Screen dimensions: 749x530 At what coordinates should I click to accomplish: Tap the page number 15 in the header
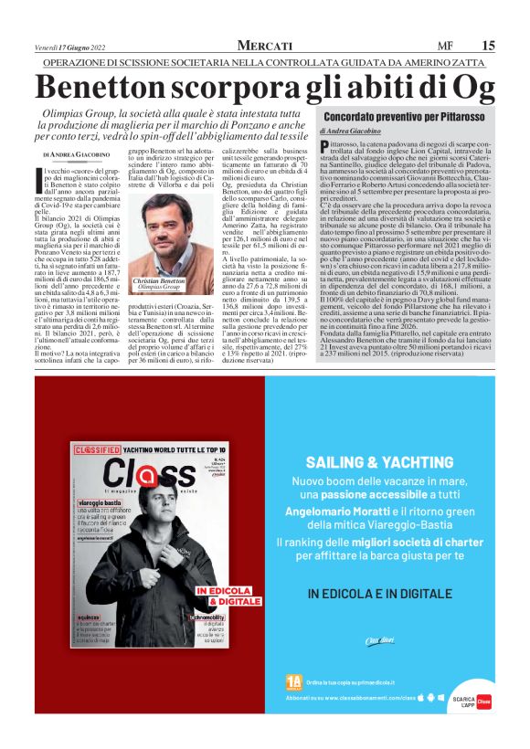[489, 46]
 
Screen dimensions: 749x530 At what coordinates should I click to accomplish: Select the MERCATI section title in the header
[265, 46]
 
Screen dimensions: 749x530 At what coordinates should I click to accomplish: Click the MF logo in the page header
[446, 46]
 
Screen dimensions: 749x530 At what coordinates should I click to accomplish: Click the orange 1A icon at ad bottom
[293, 681]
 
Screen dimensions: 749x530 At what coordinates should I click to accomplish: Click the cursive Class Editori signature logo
[378, 639]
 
